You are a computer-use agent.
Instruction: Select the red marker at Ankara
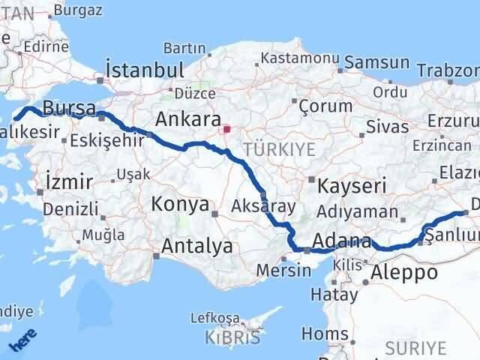click(x=226, y=129)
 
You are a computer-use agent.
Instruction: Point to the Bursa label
click(x=69, y=107)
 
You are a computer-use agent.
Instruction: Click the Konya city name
click(x=180, y=202)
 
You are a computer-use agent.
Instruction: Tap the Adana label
click(x=341, y=241)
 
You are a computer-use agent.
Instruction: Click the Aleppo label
click(x=405, y=272)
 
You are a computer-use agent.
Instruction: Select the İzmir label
click(x=69, y=181)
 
